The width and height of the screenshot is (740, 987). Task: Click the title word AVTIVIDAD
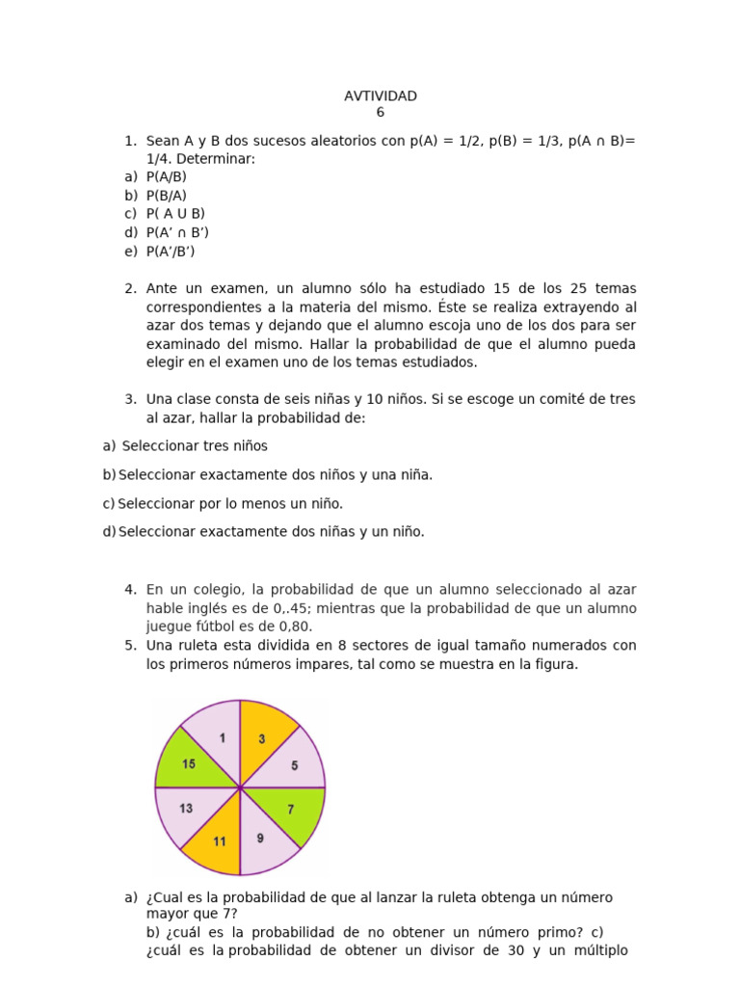(380, 95)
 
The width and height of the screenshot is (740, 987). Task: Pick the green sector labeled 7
(293, 811)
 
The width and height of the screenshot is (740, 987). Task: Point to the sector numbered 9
(263, 837)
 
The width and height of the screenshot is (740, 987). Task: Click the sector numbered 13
(187, 810)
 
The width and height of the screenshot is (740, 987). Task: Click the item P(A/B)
(166, 176)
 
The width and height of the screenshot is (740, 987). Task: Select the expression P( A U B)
(175, 214)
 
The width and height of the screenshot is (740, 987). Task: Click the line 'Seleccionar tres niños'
(195, 446)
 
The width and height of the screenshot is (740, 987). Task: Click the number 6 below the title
(380, 112)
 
